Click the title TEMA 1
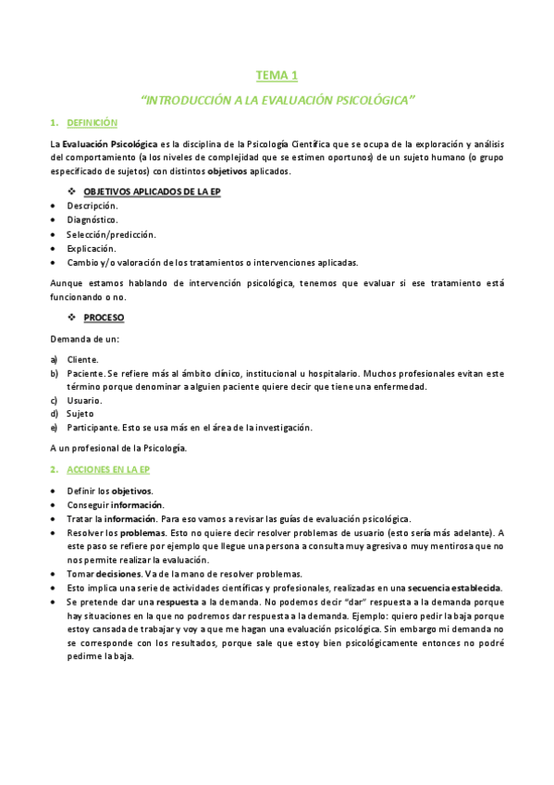277,75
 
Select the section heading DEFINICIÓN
92,123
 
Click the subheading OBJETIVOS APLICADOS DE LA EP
151,192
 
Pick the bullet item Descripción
92,206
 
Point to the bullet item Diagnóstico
92,219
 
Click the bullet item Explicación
92,248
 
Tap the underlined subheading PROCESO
104,318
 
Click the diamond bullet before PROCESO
72,318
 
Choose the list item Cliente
83,359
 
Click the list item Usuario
84,400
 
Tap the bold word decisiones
117,574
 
